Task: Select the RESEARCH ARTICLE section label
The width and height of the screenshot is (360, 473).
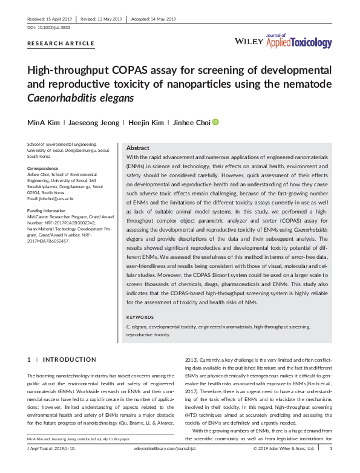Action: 61,44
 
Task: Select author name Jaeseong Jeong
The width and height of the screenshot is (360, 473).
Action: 93,123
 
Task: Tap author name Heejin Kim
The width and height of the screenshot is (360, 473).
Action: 146,123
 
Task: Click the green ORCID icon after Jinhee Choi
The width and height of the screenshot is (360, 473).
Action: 215,122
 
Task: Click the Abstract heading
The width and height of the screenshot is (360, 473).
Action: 137,148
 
